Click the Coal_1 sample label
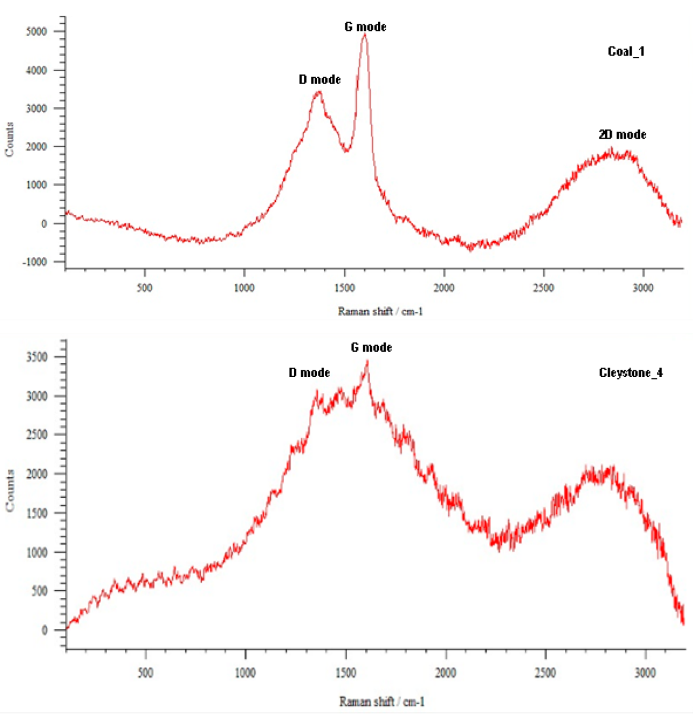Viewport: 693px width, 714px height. [626, 52]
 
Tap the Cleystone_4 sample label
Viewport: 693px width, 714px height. [630, 373]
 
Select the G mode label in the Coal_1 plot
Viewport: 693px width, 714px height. [365, 27]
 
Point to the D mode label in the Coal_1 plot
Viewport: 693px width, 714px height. [319, 79]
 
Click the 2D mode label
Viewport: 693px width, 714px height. [622, 135]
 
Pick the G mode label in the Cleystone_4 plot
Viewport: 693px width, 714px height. [371, 348]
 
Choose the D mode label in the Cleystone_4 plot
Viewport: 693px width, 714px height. [309, 373]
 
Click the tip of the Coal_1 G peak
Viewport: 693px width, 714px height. [365, 35]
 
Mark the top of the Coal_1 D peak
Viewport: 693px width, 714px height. [318, 93]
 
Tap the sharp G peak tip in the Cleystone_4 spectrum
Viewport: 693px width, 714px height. [367, 361]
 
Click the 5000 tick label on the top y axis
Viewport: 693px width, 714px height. [36, 32]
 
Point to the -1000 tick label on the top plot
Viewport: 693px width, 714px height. [35, 262]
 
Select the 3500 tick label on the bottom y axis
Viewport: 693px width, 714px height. [37, 357]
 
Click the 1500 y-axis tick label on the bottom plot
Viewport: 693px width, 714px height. [37, 513]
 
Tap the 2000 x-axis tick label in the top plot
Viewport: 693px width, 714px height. [444, 288]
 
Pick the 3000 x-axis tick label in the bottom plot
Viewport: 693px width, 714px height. [645, 673]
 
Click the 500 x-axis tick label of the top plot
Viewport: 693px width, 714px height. [144, 288]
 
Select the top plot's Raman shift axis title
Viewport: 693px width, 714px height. [380, 312]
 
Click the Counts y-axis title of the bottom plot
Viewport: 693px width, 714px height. [9, 490]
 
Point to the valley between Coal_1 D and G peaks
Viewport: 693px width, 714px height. [346, 151]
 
